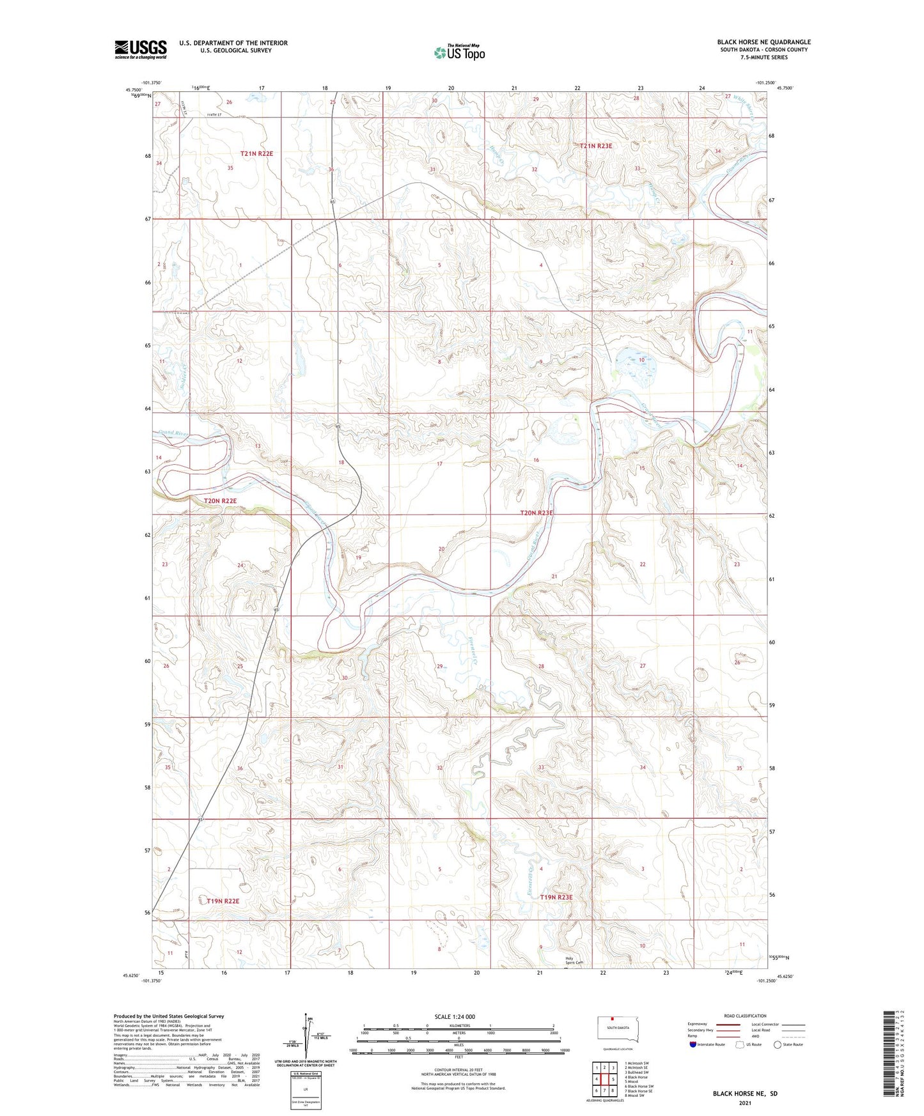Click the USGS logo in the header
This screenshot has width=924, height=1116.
pyautogui.click(x=140, y=49)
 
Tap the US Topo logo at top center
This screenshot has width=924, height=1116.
pyautogui.click(x=458, y=52)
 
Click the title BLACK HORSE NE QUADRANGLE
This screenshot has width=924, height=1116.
pyautogui.click(x=763, y=42)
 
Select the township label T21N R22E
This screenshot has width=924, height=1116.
pyautogui.click(x=256, y=153)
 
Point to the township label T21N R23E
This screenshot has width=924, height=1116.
pyautogui.click(x=595, y=146)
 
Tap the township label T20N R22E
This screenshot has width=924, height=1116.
pyautogui.click(x=220, y=500)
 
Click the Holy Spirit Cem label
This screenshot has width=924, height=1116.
pyautogui.click(x=574, y=960)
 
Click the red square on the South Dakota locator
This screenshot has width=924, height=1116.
pyautogui.click(x=612, y=1019)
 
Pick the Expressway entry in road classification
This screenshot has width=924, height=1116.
pyautogui.click(x=698, y=1024)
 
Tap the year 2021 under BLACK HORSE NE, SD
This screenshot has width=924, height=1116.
pyautogui.click(x=745, y=1103)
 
